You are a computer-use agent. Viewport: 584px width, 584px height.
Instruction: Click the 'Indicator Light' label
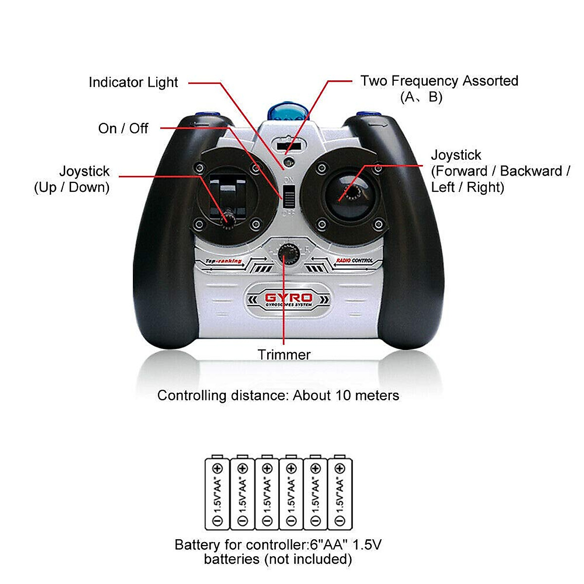tap(133, 83)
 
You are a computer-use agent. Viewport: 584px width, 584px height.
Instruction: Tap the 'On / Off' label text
tap(123, 128)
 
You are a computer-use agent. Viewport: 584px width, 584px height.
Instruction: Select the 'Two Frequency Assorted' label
tap(439, 81)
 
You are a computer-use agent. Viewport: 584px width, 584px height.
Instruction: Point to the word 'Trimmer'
tap(284, 355)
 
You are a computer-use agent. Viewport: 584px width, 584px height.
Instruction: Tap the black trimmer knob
tap(288, 254)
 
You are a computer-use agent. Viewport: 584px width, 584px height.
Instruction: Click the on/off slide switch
tap(289, 199)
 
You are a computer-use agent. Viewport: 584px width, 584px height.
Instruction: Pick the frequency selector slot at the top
tap(289, 145)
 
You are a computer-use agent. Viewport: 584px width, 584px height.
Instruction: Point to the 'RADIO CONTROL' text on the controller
tap(355, 261)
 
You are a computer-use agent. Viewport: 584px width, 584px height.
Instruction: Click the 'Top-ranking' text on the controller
tap(223, 261)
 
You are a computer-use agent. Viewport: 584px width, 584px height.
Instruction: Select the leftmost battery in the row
tap(217, 493)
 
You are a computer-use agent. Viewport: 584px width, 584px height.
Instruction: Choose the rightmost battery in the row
tap(340, 493)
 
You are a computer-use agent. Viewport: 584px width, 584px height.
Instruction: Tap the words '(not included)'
tap(308, 559)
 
